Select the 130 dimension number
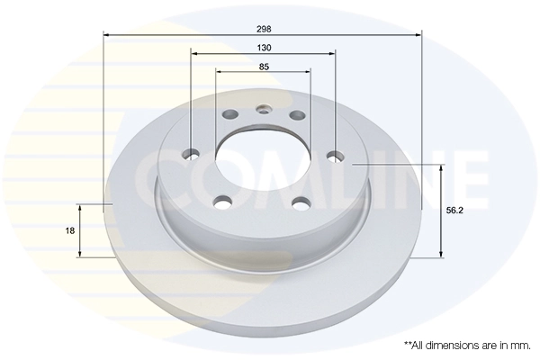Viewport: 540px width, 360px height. (x=263, y=47)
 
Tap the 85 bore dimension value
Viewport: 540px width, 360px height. (x=263, y=66)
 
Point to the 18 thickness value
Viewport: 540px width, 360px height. (x=70, y=231)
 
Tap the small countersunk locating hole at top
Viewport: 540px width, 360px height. (x=264, y=111)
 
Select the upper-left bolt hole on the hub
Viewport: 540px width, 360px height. (x=229, y=115)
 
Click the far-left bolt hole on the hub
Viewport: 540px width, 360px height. (x=192, y=154)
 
